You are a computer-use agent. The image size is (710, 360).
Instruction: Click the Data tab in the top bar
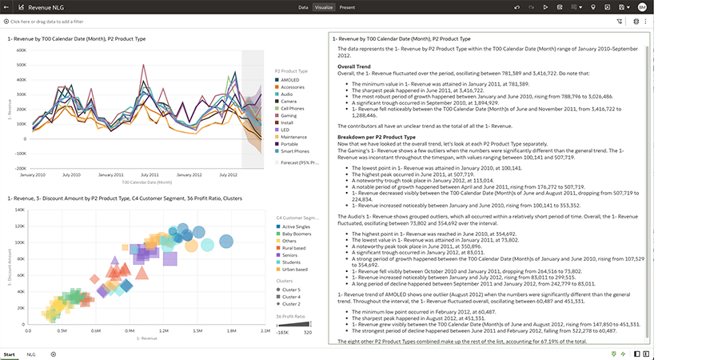coord(303,7)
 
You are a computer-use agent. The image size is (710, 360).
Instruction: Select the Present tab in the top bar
coord(347,7)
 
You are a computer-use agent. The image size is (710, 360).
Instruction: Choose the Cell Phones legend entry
coord(290,108)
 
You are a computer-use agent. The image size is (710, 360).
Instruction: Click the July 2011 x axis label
coord(150,174)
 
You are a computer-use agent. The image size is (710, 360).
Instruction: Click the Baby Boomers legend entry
coord(294,233)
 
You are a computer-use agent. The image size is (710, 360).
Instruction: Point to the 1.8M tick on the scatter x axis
coord(232,330)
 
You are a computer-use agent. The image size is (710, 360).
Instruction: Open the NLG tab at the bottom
coord(31,354)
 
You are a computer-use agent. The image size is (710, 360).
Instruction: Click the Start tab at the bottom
coord(10,354)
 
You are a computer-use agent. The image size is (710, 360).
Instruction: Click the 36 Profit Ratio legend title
coord(289,316)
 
